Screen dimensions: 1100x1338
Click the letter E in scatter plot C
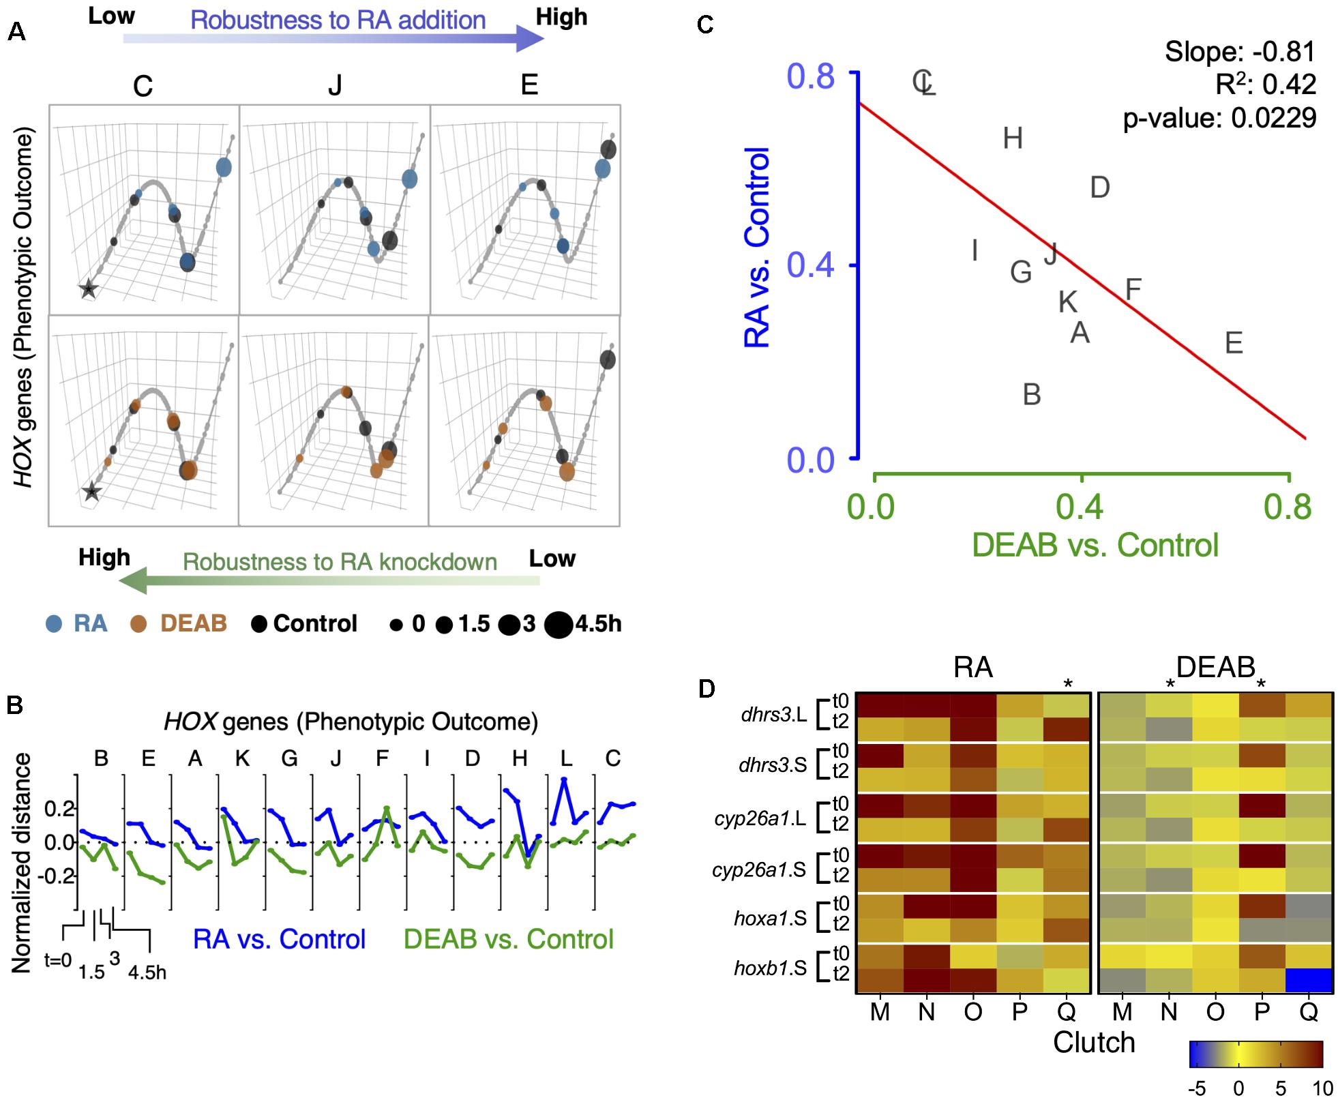pos(1234,342)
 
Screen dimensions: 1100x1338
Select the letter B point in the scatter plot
pos(1032,394)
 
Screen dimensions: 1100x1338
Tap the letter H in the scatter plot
pos(1013,138)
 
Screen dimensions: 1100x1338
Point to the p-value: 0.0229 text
pos(1219,118)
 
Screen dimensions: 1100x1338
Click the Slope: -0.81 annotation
pos(1240,52)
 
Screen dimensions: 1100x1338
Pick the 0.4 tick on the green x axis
pos(1082,506)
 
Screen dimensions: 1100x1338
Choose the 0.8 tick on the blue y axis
pos(812,76)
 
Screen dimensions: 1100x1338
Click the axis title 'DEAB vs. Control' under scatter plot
pos(1095,545)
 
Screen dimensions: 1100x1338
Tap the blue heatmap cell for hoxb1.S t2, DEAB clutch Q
pos(1308,980)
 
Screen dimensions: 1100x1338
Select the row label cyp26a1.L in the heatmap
pos(760,818)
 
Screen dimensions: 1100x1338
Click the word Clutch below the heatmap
pos(1094,1042)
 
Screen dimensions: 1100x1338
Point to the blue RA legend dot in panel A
pos(54,623)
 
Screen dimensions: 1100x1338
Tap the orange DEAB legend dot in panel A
pos(138,623)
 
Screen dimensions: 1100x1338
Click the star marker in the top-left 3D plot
pos(88,289)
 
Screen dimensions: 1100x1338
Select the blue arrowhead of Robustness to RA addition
pos(530,38)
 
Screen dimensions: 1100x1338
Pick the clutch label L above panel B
pos(566,758)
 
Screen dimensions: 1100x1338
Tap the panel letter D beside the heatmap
pos(707,689)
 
